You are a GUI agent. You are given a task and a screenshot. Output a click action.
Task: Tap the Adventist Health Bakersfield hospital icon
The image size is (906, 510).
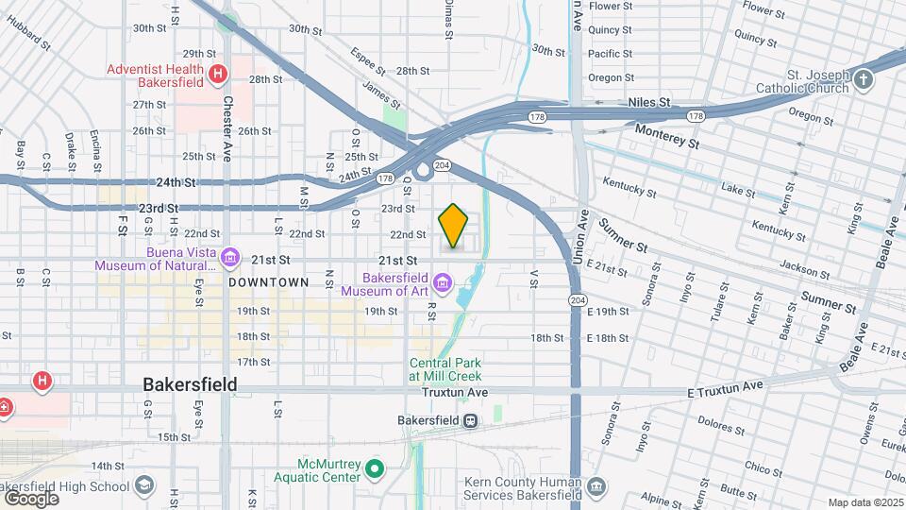(x=219, y=73)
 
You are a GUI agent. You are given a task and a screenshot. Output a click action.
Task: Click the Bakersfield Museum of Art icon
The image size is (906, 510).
(x=442, y=282)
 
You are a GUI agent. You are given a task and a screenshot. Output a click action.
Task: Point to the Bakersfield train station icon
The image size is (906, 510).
(x=469, y=420)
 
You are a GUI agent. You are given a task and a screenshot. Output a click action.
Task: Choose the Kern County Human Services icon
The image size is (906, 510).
(x=596, y=486)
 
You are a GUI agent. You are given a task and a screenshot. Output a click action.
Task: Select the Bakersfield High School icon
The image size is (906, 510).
(x=143, y=486)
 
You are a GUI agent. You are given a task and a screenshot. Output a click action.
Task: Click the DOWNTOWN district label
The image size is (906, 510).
(x=269, y=282)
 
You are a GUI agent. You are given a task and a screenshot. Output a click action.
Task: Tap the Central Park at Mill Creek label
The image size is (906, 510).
(x=446, y=369)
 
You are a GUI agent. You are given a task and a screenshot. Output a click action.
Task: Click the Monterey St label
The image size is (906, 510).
(x=666, y=137)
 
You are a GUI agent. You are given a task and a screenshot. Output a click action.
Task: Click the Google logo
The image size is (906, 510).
(x=31, y=498)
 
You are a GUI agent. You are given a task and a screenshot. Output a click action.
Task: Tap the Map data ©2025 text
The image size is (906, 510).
(x=864, y=502)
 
